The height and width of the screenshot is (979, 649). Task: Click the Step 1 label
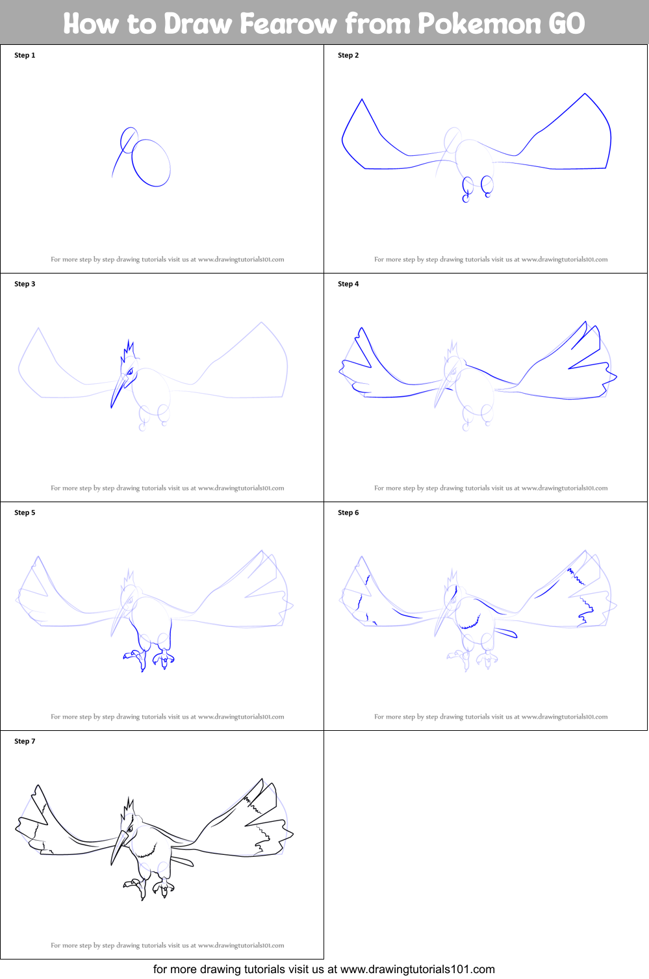tap(25, 55)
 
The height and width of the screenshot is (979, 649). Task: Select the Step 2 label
tap(348, 55)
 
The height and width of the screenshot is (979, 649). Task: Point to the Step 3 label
tap(25, 284)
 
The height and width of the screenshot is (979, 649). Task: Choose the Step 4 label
tap(348, 284)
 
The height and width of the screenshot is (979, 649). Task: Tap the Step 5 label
tap(25, 513)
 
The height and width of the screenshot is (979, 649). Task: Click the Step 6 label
tap(348, 513)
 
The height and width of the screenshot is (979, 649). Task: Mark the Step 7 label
tap(25, 741)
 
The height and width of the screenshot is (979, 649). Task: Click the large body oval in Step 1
tap(151, 163)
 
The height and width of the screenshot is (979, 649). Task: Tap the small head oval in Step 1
tap(129, 140)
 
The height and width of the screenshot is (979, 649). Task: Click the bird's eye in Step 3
tap(130, 372)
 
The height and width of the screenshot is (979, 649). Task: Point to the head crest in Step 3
tap(128, 351)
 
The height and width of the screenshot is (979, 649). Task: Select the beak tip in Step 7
tap(112, 863)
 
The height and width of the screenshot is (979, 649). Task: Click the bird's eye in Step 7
tap(130, 829)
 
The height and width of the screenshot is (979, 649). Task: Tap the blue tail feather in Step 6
tap(505, 632)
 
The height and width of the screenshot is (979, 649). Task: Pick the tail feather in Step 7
tap(182, 861)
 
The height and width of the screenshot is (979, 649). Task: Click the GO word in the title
tap(566, 23)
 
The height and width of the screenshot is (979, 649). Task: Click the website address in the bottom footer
tap(417, 969)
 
